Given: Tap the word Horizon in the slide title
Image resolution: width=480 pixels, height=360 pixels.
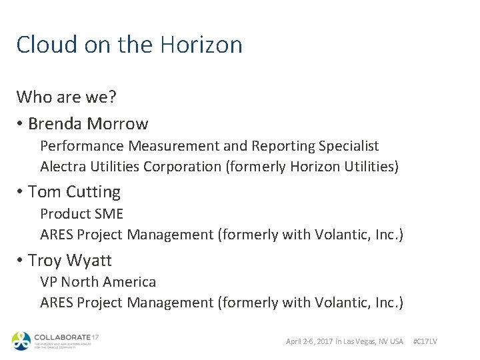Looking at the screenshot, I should pos(200,45).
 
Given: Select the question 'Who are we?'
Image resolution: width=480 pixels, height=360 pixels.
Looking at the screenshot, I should pos(67,97).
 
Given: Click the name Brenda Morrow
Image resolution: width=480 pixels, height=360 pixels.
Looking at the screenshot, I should pos(88,124).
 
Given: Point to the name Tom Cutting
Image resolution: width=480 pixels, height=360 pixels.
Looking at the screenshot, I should pos(74,192).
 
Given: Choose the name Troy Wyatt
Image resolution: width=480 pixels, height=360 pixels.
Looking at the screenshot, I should pos(69,261).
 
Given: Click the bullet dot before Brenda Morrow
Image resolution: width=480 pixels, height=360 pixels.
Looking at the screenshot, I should pos(21,124).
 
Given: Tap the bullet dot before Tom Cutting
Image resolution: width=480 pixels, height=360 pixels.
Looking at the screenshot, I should pos(21,192).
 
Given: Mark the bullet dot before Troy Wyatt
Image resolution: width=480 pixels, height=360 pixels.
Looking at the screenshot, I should pos(21,261).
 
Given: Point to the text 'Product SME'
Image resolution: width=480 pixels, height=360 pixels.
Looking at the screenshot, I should pos(81,214).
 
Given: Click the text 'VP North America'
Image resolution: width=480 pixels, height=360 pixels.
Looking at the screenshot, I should pos(98,282).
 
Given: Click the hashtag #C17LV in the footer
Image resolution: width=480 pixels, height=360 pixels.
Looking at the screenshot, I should pos(425,341).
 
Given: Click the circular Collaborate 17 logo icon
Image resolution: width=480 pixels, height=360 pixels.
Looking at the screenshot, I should pos(21,340).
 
